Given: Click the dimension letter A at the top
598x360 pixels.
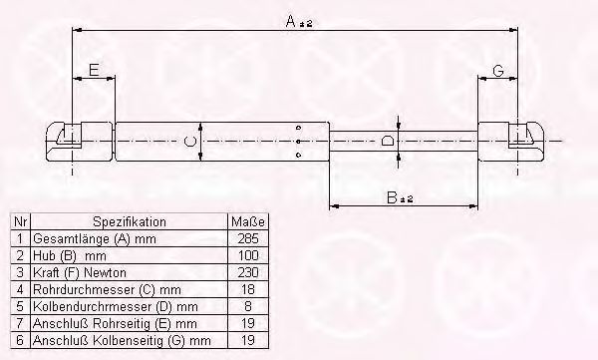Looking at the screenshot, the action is [x=291, y=21].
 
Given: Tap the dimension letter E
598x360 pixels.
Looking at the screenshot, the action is [x=94, y=70].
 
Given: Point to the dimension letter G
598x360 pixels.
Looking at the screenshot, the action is [x=498, y=71].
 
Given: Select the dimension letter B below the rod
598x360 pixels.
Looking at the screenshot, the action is [x=392, y=197].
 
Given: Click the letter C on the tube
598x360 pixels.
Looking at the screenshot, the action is [x=190, y=142].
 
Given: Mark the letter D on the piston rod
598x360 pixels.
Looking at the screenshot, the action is [x=388, y=141].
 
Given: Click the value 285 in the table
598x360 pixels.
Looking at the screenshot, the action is [x=248, y=239].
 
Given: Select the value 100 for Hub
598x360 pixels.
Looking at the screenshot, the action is [x=248, y=255].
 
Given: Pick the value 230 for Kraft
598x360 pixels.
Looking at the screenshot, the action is [x=248, y=272].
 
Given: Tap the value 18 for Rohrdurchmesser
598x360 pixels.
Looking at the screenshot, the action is [x=248, y=289].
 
